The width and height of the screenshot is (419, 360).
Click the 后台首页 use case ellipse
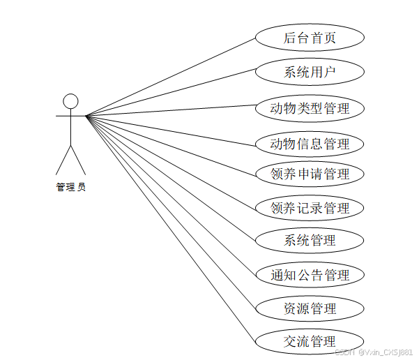pyautogui.click(x=310, y=38)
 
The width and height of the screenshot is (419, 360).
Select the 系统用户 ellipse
pyautogui.click(x=310, y=72)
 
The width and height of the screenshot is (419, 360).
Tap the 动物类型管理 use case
pyautogui.click(x=310, y=108)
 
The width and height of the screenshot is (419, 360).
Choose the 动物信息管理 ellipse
pyautogui.click(x=310, y=144)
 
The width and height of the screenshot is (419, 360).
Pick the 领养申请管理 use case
pyautogui.click(x=310, y=174)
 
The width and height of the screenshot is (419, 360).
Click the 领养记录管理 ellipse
pyautogui.click(x=310, y=208)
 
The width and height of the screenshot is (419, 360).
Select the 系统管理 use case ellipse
pyautogui.click(x=310, y=241)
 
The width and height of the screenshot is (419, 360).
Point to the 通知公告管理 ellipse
pyautogui.click(x=310, y=275)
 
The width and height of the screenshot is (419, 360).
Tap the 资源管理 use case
pyautogui.click(x=310, y=308)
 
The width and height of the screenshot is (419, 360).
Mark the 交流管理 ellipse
pyautogui.click(x=310, y=341)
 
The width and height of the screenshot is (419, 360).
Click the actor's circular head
pyautogui.click(x=70, y=101)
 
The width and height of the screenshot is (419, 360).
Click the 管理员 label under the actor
pyautogui.click(x=70, y=187)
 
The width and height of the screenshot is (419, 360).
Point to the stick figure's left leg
pyautogui.click(x=63, y=160)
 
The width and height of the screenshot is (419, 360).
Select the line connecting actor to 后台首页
pyautogui.click(x=171, y=77)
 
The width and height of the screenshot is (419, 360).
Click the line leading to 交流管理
pyautogui.click(x=171, y=230)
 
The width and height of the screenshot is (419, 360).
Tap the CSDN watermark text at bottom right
pyautogui.click(x=374, y=352)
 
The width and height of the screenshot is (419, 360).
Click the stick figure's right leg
pyautogui.click(x=78, y=160)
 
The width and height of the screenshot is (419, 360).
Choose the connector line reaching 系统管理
pyautogui.click(x=171, y=179)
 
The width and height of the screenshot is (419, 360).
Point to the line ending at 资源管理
pyautogui.click(x=171, y=213)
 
